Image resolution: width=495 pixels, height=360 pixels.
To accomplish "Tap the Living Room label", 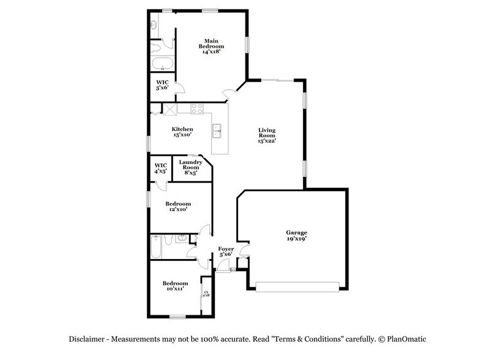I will tap(267, 135).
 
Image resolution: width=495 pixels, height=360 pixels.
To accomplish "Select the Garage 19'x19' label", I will tap(297, 236).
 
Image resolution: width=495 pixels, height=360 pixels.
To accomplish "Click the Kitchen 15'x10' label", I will tap(182, 132).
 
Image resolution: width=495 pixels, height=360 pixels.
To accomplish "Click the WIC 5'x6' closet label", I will tap(162, 85).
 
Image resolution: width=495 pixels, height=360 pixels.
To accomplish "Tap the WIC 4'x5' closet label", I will tap(160, 168).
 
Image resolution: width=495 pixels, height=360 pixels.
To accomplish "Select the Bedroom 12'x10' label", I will tap(178, 206).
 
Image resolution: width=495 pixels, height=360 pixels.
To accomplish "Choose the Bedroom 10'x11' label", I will tap(175, 286).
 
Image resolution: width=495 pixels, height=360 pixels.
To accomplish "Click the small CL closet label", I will tap(206, 294).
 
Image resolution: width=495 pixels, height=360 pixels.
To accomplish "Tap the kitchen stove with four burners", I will tap(197, 109).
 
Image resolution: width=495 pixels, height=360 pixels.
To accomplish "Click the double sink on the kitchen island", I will tap(217, 130).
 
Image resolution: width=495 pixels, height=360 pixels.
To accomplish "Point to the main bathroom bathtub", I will tap(162, 64).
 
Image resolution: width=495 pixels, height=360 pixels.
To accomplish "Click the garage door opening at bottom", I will tap(297, 286).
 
